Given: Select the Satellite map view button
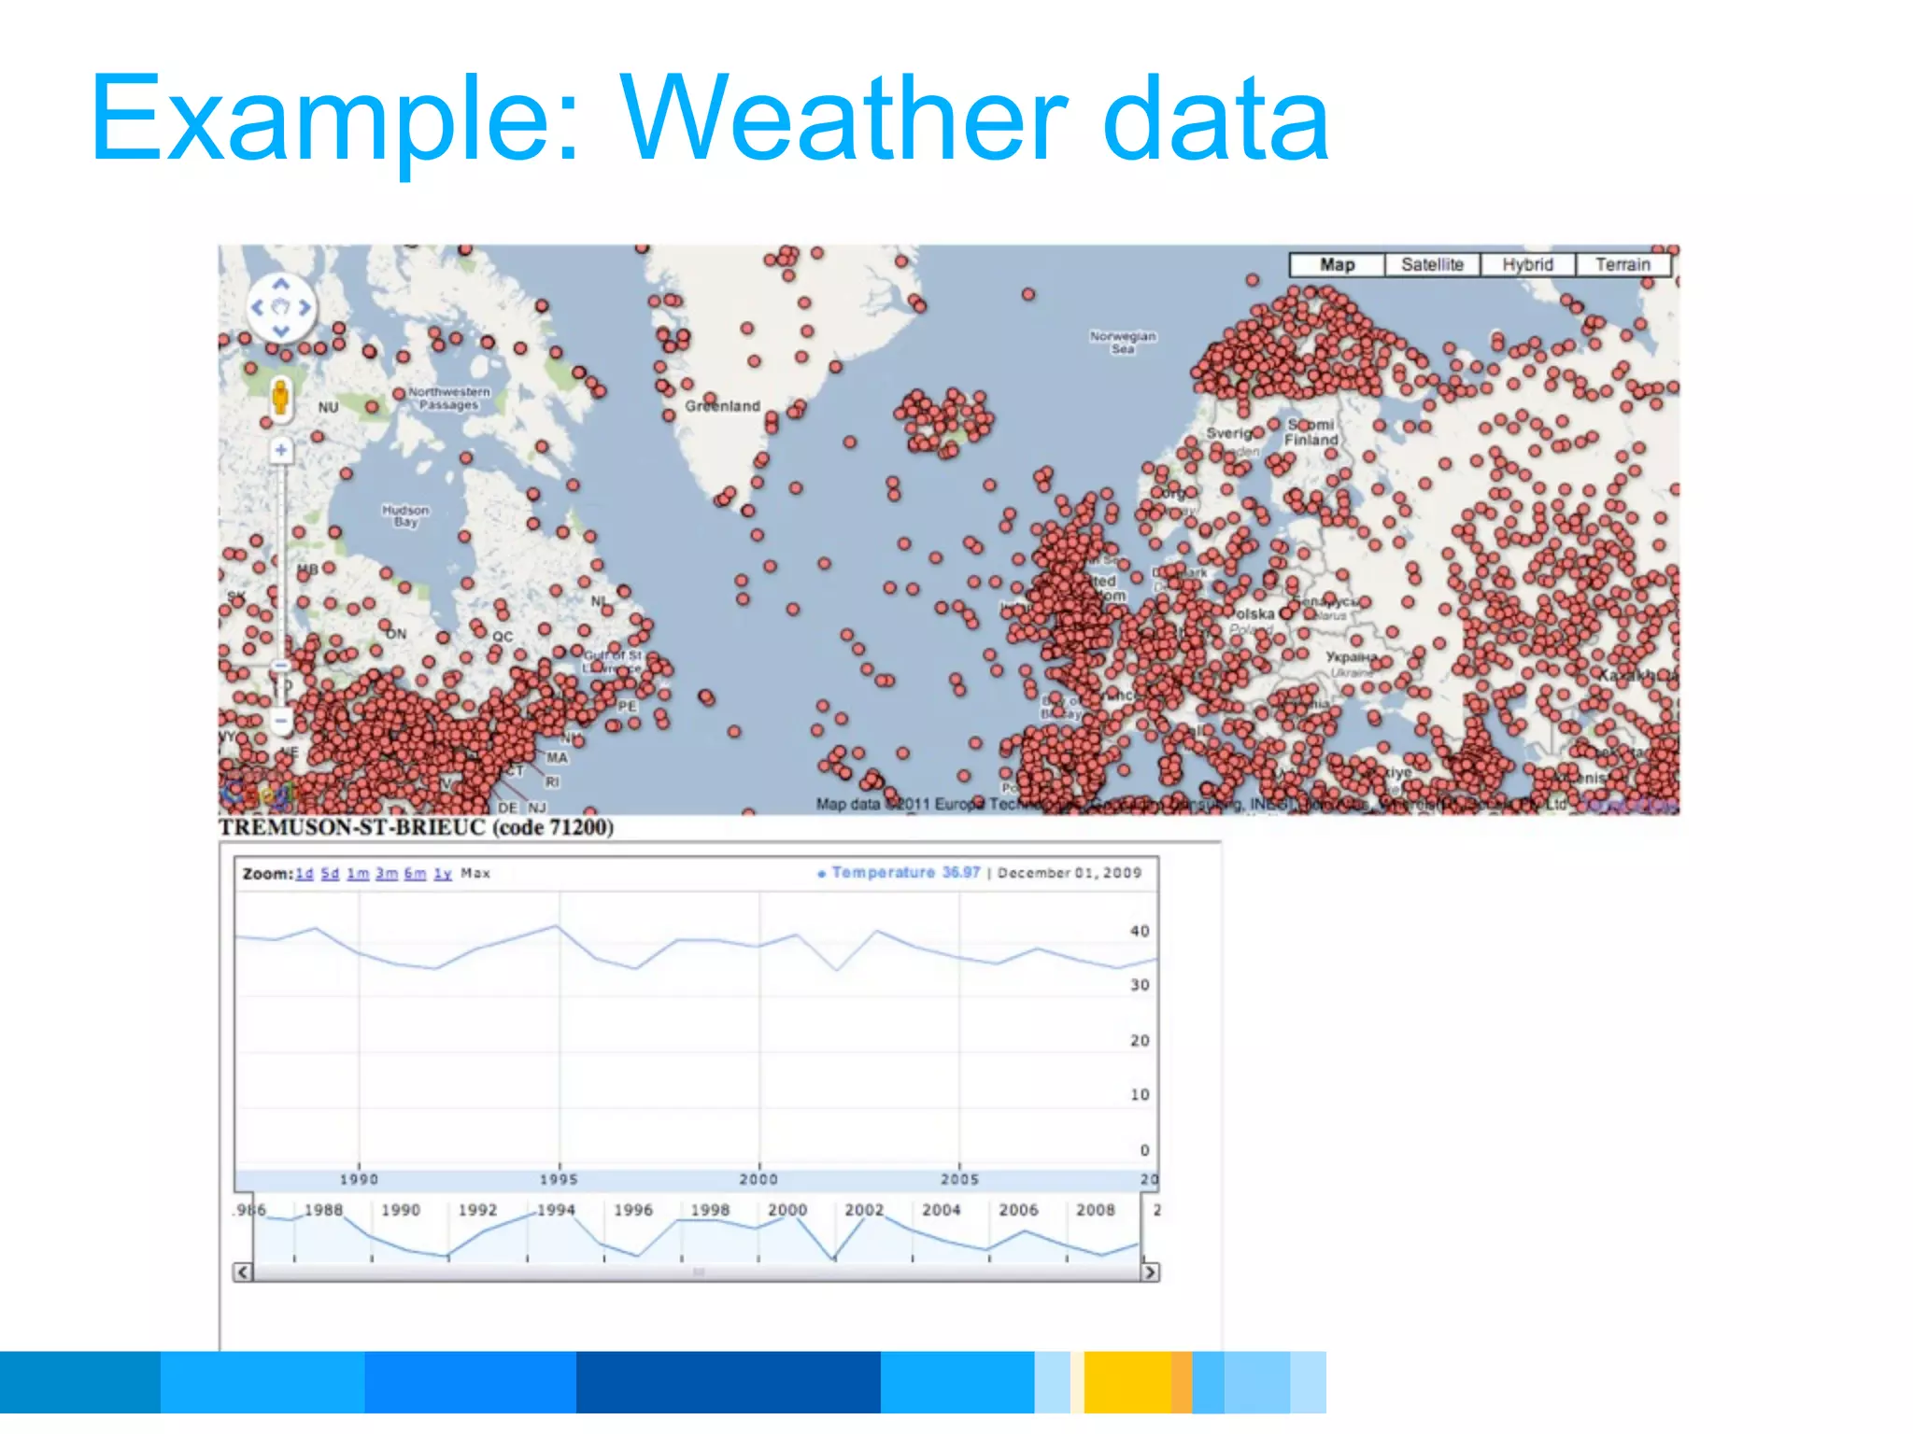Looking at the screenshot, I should (x=1432, y=265).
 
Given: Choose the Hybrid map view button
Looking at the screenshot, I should (x=1527, y=265).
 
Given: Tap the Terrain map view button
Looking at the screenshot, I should (x=1623, y=265).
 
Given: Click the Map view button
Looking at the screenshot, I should (x=1337, y=265).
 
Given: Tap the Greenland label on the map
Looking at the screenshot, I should (x=722, y=406).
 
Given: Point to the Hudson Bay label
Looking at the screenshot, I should (x=405, y=516).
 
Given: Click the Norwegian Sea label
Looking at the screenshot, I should (x=1123, y=342).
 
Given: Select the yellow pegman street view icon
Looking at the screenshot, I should (x=280, y=397).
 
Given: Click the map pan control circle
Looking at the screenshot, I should (x=280, y=307).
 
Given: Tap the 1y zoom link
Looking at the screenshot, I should (x=443, y=874).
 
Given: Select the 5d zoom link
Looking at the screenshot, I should (x=330, y=874).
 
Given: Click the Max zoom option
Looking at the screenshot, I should (x=475, y=874).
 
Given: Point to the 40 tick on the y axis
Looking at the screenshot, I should (x=1140, y=931).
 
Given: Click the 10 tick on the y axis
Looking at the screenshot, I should (x=1140, y=1094).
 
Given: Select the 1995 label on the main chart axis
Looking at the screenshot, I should (x=559, y=1179).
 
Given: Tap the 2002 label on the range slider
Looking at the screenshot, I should (x=864, y=1210).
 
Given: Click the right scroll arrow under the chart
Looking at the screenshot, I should (x=1150, y=1272).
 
